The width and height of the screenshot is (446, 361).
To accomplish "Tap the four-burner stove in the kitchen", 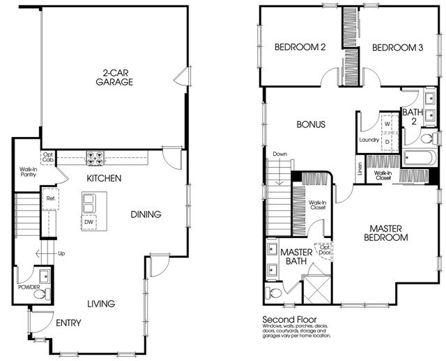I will coord(95,157).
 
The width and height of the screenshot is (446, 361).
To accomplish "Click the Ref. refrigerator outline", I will coord(50,198).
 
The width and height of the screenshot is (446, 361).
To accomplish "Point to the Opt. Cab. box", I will coord(49,157).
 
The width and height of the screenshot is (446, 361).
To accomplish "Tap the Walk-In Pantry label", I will coord(28,172).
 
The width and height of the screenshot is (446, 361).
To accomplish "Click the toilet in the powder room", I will coord(40,294).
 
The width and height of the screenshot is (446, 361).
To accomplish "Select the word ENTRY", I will coord(68,323).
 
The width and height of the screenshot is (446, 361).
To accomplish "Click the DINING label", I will coord(146,214).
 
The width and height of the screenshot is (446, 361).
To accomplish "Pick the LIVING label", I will coord(100,303).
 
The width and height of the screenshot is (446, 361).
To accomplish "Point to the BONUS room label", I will coord(311,125).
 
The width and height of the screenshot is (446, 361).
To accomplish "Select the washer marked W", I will coord(387,124).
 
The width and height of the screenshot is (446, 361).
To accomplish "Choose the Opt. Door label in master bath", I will coord(323,249).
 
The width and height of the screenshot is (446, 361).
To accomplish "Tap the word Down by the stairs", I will coord(280,154).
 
